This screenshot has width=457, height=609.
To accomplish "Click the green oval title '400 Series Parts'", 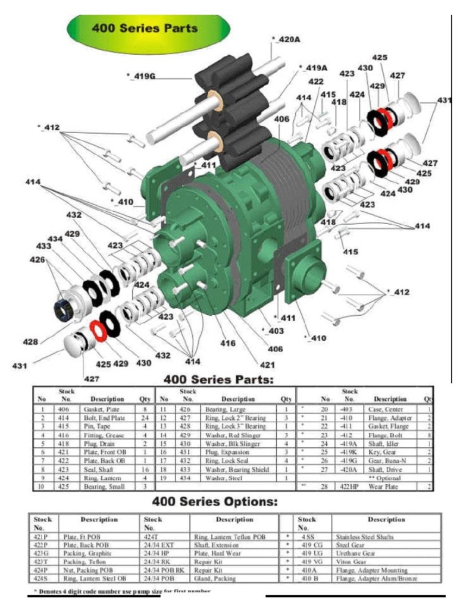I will (x=144, y=28).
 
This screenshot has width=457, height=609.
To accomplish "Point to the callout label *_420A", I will (x=286, y=39).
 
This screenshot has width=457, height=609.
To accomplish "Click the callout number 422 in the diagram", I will (x=316, y=81).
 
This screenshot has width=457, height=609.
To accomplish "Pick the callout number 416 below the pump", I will (x=228, y=343).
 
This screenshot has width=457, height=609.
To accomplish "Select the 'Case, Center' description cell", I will (x=386, y=410).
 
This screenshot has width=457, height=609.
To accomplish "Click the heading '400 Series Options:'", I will (x=215, y=502).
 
